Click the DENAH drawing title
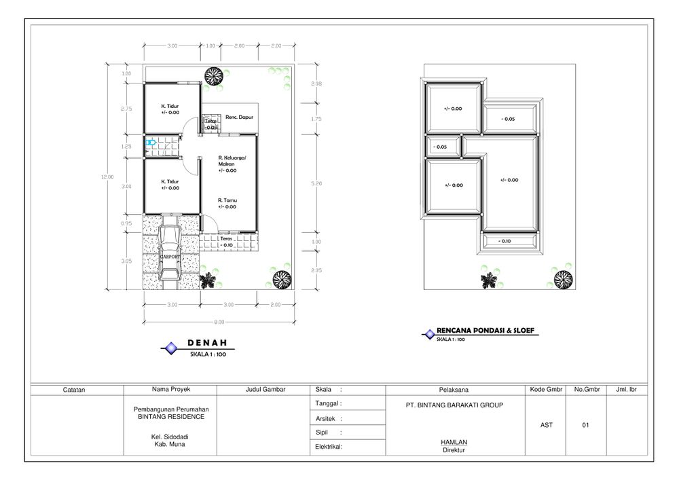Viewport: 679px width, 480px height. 207,343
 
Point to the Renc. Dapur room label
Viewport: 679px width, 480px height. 239,117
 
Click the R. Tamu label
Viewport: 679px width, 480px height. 227,200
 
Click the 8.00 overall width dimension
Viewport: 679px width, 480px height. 219,322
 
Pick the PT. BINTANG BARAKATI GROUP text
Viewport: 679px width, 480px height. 454,405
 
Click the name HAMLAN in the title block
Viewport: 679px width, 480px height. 454,443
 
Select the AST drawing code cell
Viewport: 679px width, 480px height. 546,425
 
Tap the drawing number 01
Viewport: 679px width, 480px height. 585,425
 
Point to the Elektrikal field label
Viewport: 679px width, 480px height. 329,447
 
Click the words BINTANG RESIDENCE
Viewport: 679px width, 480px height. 170,417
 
